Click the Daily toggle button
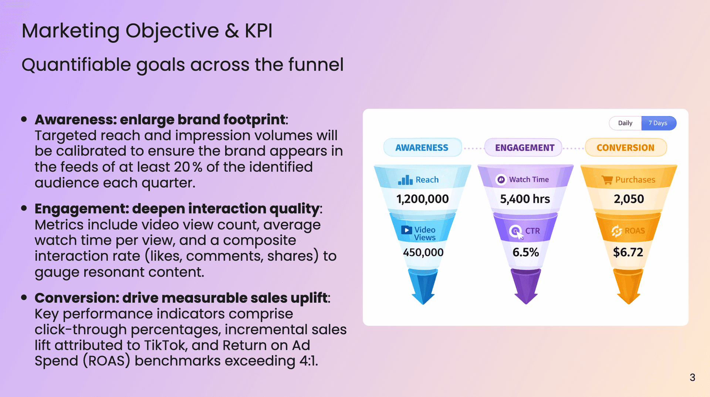tap(625, 123)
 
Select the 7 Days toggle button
tap(658, 123)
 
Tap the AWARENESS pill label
tap(422, 147)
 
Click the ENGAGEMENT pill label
tap(524, 147)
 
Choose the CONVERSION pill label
tap(625, 147)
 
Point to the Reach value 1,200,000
tap(422, 199)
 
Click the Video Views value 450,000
tap(423, 252)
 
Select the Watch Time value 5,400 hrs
tap(525, 199)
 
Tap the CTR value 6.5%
tap(525, 252)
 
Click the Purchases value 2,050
tap(629, 199)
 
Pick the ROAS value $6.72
tap(628, 252)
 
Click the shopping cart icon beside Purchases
tap(607, 180)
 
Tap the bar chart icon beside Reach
tap(405, 180)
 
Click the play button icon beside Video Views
tap(406, 230)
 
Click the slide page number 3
tap(692, 377)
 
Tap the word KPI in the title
tap(258, 31)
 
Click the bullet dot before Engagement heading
tap(24, 208)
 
